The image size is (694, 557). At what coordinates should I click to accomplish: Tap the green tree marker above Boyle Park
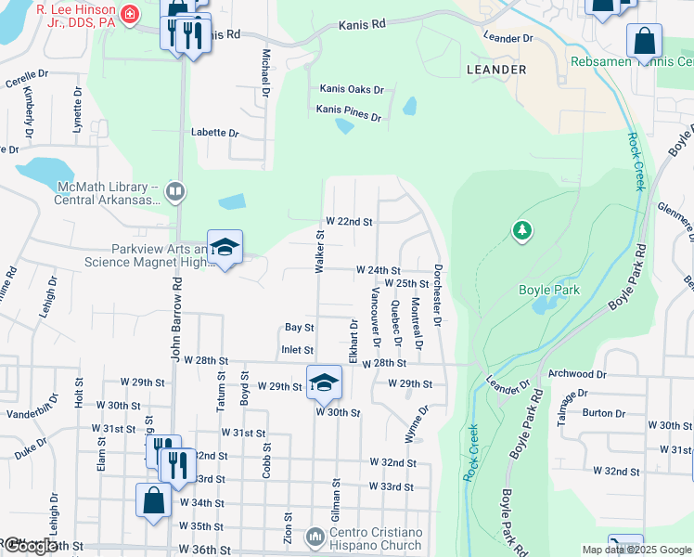[522, 230]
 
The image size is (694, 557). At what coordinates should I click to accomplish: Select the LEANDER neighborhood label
[496, 70]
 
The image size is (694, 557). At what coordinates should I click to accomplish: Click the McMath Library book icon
[175, 192]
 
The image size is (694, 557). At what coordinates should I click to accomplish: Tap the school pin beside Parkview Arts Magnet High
[225, 248]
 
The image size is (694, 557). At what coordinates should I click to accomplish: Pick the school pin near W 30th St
[324, 382]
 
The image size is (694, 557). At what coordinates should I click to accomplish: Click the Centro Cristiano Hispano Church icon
[315, 537]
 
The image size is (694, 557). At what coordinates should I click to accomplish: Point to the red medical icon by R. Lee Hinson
[129, 13]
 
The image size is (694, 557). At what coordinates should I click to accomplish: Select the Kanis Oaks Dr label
[352, 89]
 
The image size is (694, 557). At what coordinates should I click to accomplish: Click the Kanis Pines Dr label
[349, 113]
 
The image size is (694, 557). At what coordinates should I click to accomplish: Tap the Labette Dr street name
[215, 132]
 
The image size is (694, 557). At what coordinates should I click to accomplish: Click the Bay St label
[299, 328]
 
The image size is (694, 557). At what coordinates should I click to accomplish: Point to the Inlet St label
[297, 350]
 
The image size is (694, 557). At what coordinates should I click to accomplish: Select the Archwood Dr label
[577, 375]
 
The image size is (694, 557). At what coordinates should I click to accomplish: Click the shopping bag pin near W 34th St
[154, 499]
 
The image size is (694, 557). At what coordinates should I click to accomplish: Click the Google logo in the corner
[30, 546]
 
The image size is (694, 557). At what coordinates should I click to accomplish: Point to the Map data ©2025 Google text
[636, 550]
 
